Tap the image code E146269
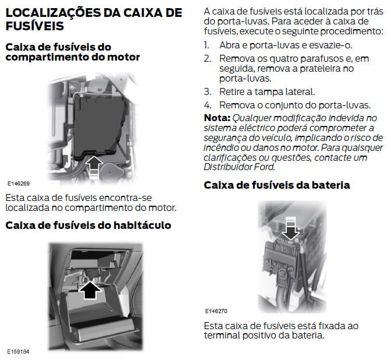[x=19, y=183]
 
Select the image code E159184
[x=18, y=352]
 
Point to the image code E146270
[x=216, y=311]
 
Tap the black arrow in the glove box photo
[x=90, y=290]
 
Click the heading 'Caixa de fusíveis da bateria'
[x=277, y=185]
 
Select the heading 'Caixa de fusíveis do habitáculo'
[x=88, y=225]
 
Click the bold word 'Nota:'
[x=217, y=118]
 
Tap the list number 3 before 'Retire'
[x=207, y=92]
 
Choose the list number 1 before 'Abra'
[x=207, y=45]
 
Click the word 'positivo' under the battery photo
[x=260, y=336]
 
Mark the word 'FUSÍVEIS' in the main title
[x=35, y=26]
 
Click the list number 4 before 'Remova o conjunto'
[x=208, y=105]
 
